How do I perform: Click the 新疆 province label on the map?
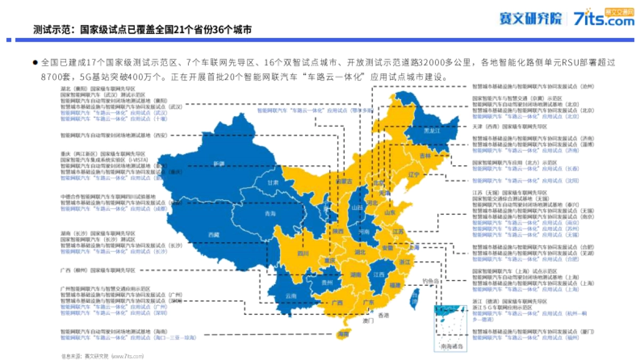tap(219, 163)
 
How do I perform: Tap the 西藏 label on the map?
tap(214, 235)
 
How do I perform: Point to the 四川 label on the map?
tap(303, 253)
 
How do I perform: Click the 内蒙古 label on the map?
tap(344, 181)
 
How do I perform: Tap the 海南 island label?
tap(343, 334)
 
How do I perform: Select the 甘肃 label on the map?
tap(274, 182)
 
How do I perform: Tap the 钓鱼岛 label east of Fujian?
tap(429, 281)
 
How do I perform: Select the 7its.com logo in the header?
tap(605, 20)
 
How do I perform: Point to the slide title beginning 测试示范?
tap(142, 30)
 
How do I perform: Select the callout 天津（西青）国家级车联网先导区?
tap(509, 127)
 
